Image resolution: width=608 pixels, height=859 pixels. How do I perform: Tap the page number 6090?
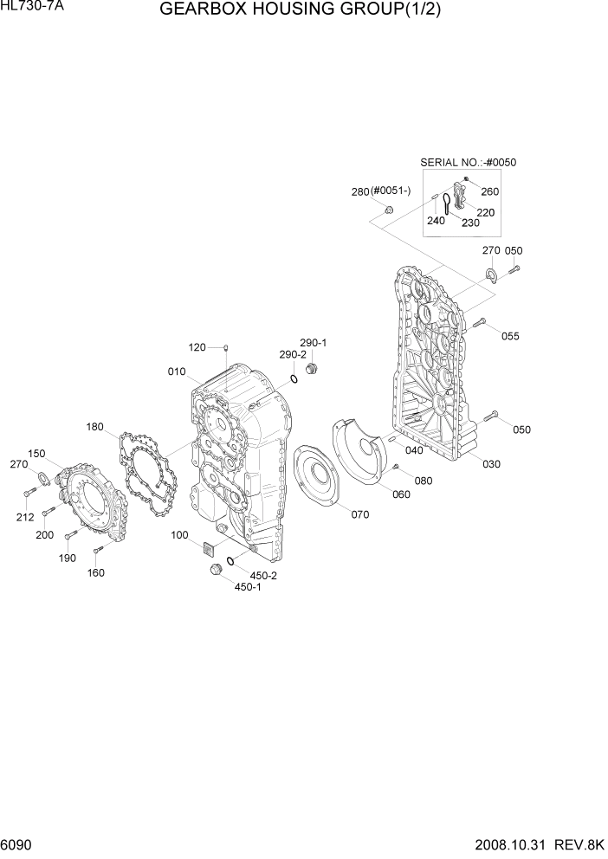point(18,845)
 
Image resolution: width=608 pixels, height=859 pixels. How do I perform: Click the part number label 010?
point(177,371)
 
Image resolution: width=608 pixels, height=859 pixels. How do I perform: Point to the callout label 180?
point(95,427)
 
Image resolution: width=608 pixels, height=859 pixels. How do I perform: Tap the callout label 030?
point(491,464)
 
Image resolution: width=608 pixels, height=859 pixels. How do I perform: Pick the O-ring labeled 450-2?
point(230,562)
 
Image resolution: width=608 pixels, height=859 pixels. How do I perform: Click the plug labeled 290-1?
point(312,371)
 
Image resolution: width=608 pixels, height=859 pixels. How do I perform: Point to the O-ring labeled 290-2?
point(294,376)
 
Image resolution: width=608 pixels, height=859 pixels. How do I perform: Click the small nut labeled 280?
point(388,210)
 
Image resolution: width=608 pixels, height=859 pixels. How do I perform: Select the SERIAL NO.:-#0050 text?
point(462,162)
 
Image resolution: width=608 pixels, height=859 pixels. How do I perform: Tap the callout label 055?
point(510,336)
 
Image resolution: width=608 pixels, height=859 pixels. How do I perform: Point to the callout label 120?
point(197,347)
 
